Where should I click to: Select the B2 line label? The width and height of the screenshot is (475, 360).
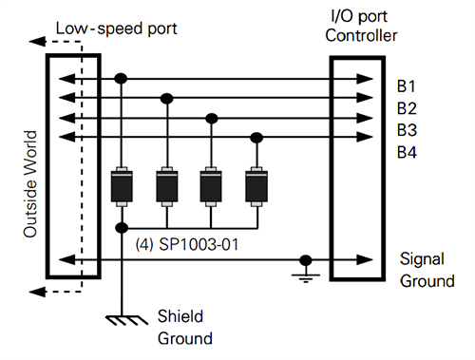407,106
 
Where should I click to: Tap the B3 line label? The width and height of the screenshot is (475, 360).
407,128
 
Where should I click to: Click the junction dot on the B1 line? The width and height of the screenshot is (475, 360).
122,78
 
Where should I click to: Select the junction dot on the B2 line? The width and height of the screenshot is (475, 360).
167,98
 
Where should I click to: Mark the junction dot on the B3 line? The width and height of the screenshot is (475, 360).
212,119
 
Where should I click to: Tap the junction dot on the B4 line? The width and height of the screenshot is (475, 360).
256,138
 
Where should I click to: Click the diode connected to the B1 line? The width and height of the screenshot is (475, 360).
122,185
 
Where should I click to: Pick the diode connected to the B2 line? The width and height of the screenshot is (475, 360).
167,185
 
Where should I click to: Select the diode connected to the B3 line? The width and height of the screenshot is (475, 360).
212,185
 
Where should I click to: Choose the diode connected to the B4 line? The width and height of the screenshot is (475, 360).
256,185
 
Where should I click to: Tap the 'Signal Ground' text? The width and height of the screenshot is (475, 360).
421,270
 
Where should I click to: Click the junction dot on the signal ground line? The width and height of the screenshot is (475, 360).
306,259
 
